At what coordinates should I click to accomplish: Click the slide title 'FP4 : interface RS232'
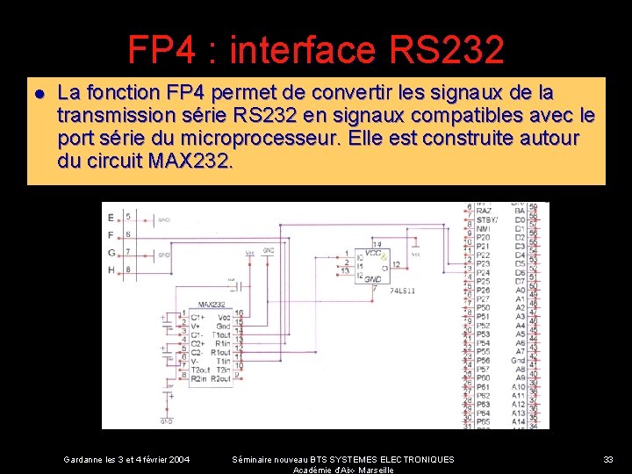coord(316,50)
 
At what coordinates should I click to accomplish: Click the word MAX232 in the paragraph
coord(190,162)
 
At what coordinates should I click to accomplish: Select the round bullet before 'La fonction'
coord(39,93)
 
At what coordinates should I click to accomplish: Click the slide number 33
coord(607,459)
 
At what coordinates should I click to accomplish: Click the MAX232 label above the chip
coord(212,305)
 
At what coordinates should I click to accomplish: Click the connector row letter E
coord(110,217)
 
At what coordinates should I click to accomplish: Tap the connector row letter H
coord(110,270)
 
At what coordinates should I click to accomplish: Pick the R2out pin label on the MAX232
coord(220,379)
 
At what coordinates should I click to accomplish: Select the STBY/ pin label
coord(485,219)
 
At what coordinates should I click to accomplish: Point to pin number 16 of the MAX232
coord(240,313)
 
